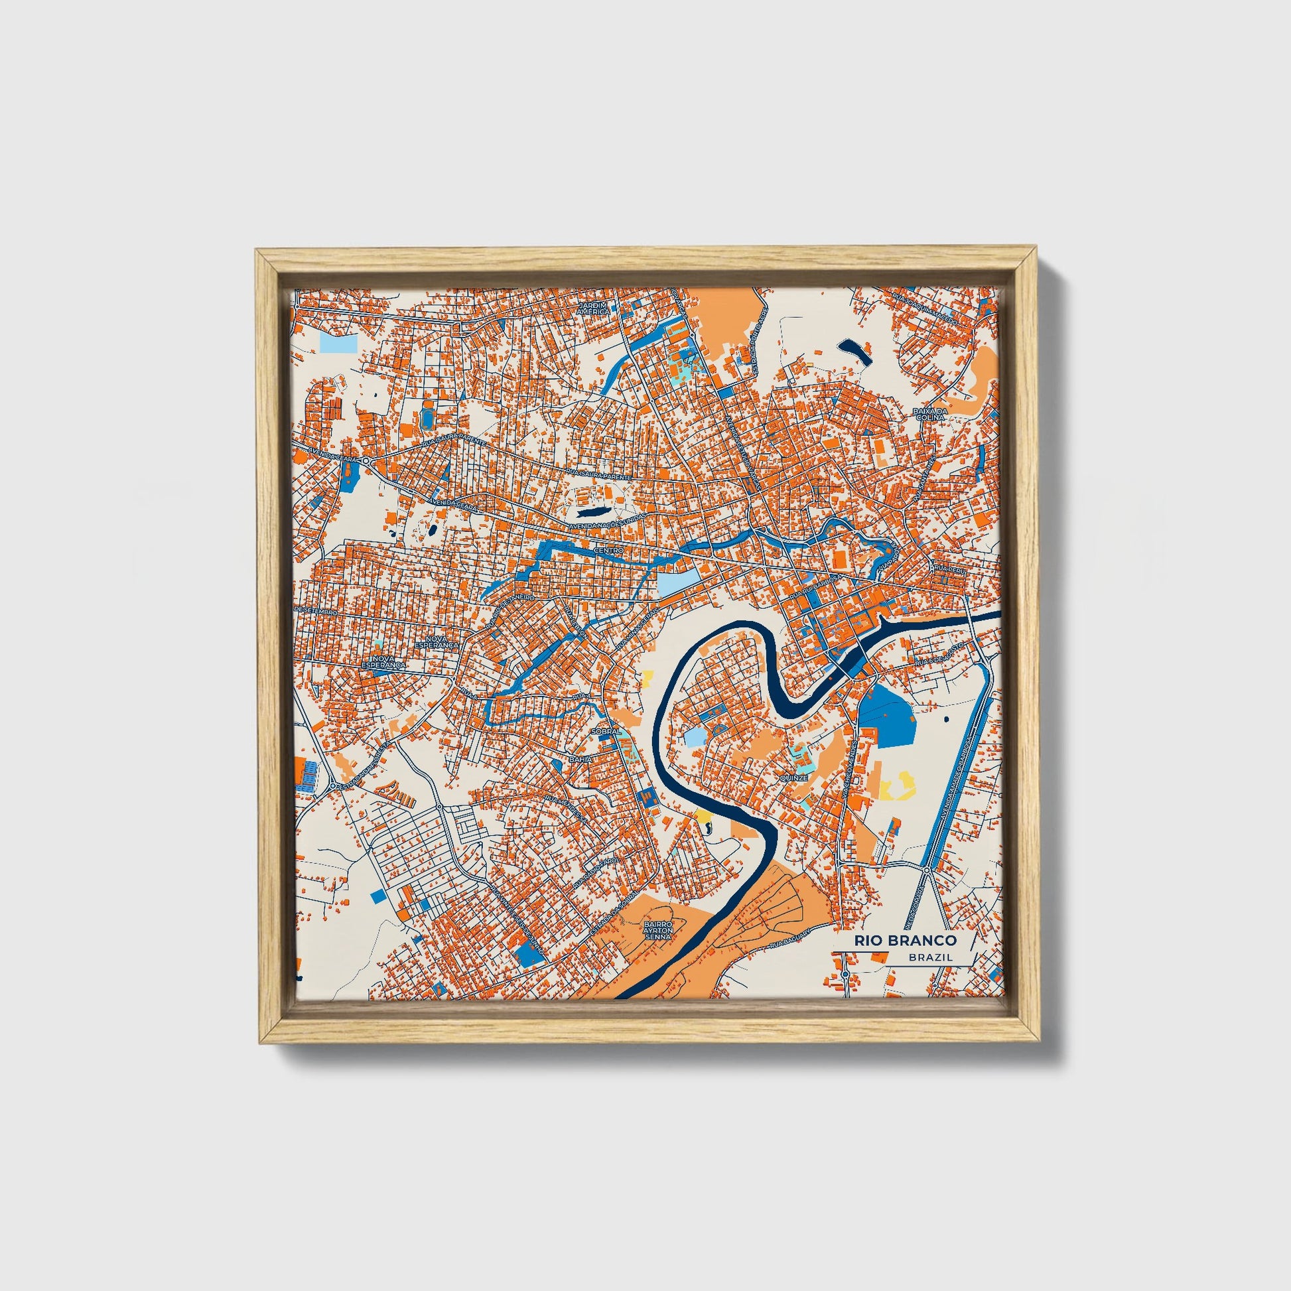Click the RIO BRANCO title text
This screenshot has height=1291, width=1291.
point(905,940)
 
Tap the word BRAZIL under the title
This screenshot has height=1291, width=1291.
point(930,957)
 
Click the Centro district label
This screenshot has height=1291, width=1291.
point(608,550)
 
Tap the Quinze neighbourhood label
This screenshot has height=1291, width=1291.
point(793,778)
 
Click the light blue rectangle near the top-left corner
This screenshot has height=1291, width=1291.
point(339,343)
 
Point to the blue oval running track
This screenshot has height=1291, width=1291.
point(427,419)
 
